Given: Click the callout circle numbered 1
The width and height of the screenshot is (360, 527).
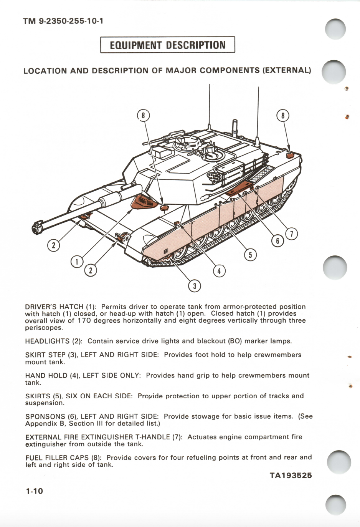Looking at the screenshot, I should tap(77, 262).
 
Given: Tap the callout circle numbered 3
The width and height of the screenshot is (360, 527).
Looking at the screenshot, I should tap(195, 286).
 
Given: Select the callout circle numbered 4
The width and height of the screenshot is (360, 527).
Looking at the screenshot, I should tap(219, 271).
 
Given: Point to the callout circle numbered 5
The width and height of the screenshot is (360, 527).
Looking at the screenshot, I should tap(250, 255).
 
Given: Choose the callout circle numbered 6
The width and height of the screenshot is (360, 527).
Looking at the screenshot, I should tap(277, 241).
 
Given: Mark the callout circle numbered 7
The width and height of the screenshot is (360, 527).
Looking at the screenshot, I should tap(291, 234).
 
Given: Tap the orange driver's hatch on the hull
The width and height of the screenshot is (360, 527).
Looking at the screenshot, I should tap(142, 202).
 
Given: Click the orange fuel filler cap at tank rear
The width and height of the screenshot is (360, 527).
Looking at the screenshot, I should tap(290, 155).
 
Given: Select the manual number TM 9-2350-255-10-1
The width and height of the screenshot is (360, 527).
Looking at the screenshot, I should tap(63, 21).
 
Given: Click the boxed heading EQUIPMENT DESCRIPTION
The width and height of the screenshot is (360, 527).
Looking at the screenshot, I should tap(167, 45).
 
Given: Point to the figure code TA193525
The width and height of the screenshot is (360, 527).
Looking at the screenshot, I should tap(291, 476).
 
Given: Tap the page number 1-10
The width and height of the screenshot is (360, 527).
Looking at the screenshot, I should tap(34, 491).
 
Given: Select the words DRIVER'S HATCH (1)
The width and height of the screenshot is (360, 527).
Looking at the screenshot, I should tap(60, 307).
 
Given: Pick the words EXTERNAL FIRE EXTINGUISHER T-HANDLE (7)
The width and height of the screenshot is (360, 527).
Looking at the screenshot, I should tap(103, 437).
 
